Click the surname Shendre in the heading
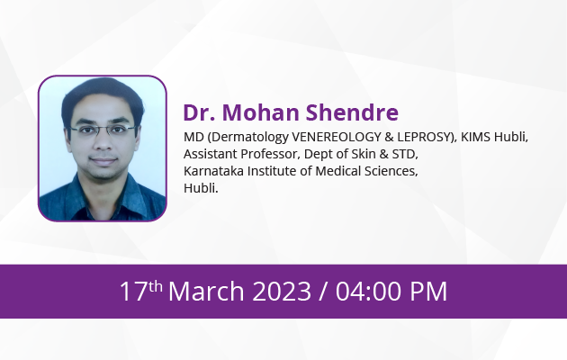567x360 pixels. click(352, 112)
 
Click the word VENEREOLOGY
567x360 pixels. click(337, 137)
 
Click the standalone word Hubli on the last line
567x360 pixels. click(201, 188)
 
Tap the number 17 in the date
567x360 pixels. click(133, 292)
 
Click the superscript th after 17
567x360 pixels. click(155, 286)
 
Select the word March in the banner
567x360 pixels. click(206, 292)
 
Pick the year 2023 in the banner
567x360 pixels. click(282, 292)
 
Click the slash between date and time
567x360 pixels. click(323, 292)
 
